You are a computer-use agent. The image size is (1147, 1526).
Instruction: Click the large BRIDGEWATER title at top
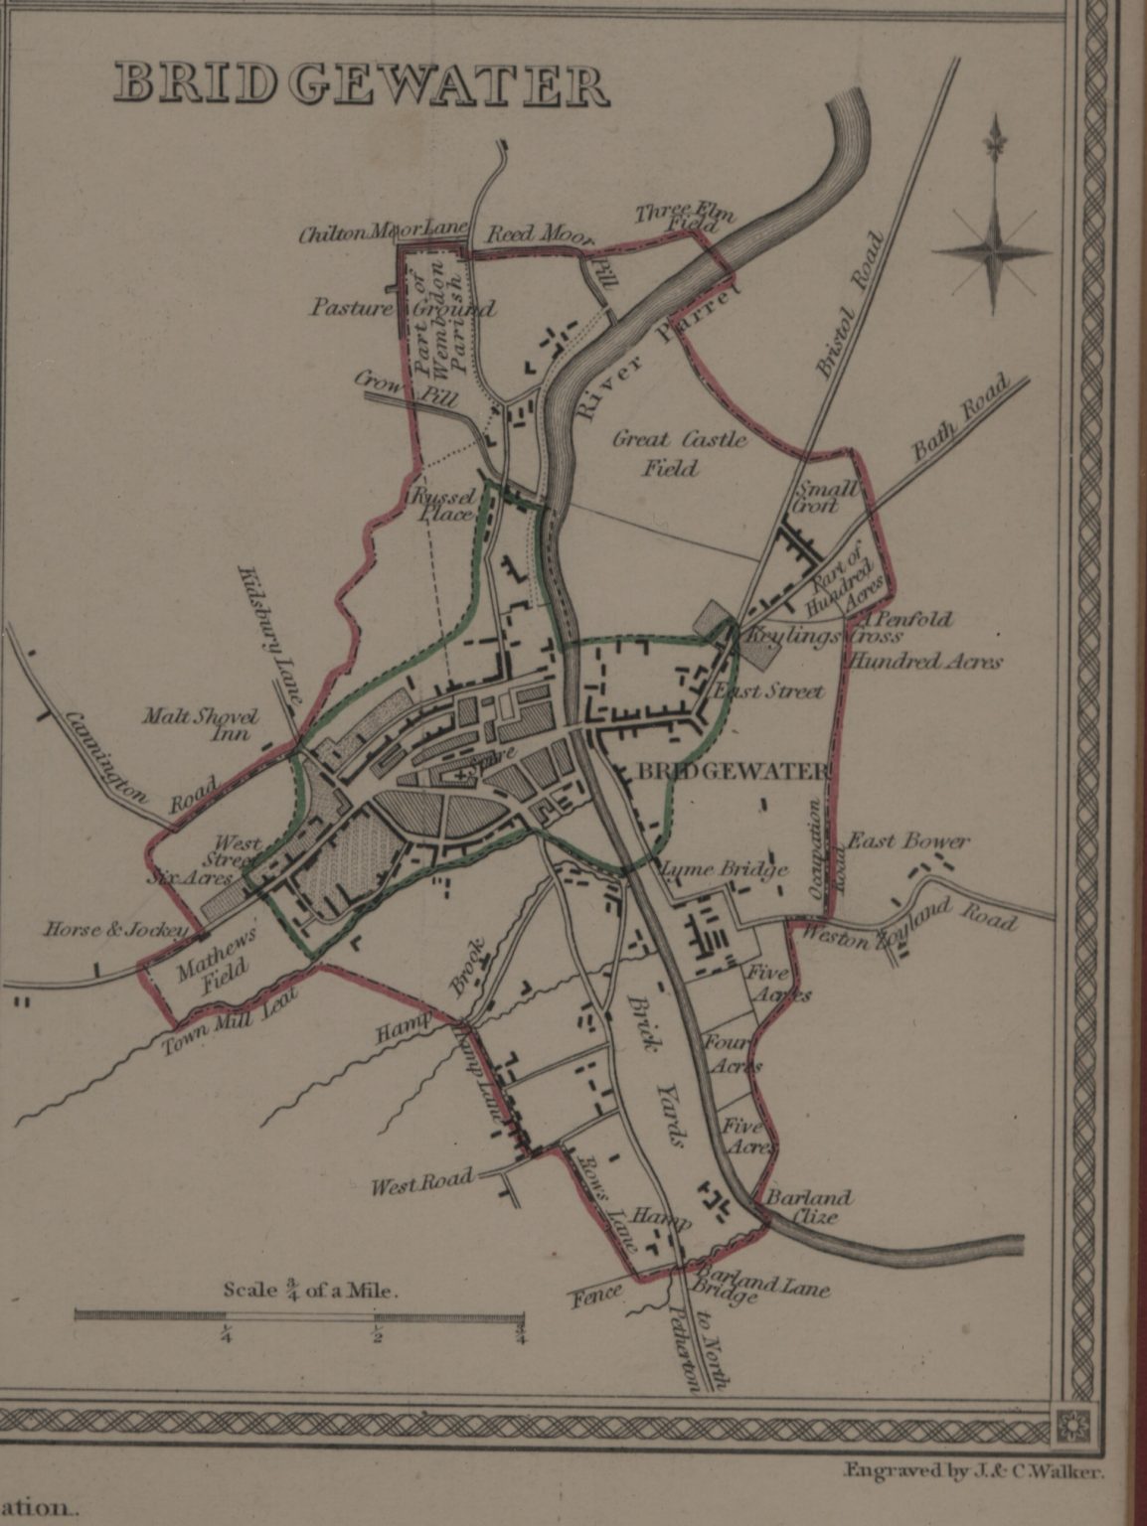(360, 85)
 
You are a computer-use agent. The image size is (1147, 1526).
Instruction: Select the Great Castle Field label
(679, 453)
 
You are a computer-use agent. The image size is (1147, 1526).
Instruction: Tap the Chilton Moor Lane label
(383, 232)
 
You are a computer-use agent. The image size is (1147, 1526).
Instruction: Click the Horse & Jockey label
(115, 931)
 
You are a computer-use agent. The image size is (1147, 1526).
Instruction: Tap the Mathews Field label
(215, 963)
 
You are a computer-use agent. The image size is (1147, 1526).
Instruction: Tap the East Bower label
(907, 841)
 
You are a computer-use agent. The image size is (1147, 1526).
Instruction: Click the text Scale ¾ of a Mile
(310, 1291)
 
